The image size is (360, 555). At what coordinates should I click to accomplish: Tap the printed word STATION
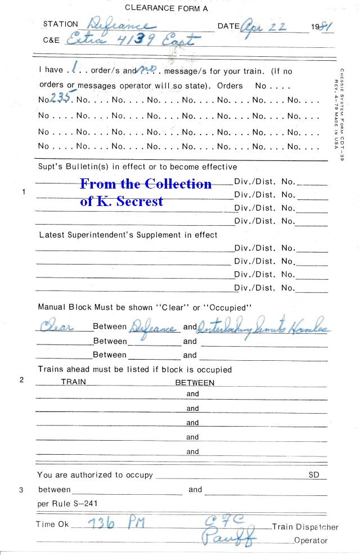pyautogui.click(x=60, y=25)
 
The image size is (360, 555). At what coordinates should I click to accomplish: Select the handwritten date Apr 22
pyautogui.click(x=264, y=26)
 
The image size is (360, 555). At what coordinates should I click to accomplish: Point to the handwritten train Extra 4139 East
pyautogui.click(x=133, y=40)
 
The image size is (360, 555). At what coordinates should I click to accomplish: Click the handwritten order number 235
pyautogui.click(x=61, y=98)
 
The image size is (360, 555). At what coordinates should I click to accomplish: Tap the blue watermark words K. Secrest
pyautogui.click(x=121, y=201)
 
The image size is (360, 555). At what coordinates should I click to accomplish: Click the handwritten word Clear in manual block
pyautogui.click(x=57, y=327)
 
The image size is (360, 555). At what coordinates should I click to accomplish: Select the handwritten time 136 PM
pyautogui.click(x=117, y=523)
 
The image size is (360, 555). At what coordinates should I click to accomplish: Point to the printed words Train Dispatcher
pyautogui.click(x=305, y=527)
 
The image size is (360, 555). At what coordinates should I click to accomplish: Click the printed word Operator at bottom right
pyautogui.click(x=310, y=540)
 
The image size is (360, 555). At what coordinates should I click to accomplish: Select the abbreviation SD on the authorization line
pyautogui.click(x=314, y=475)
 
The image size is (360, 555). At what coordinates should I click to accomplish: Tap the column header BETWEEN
pyautogui.click(x=195, y=382)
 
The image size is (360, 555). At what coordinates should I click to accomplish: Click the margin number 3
pyautogui.click(x=21, y=490)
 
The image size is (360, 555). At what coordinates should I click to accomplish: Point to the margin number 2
pyautogui.click(x=21, y=379)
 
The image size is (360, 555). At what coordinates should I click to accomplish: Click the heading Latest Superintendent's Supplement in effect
pyautogui.click(x=128, y=235)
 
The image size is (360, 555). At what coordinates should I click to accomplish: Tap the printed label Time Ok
pyautogui.click(x=53, y=524)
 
